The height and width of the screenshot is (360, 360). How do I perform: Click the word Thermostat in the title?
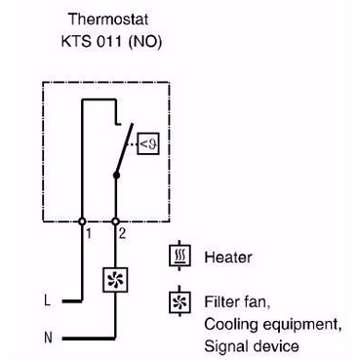(108, 19)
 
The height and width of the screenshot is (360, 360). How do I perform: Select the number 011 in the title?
(109, 41)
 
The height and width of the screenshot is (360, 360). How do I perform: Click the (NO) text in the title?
(145, 42)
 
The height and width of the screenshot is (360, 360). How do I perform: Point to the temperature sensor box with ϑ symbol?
(148, 143)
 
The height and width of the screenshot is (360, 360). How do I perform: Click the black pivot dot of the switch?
(116, 176)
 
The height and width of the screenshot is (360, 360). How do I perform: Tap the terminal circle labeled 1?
(82, 221)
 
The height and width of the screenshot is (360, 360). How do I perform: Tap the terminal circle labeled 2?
(115, 221)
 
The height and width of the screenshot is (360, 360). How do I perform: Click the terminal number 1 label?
(89, 233)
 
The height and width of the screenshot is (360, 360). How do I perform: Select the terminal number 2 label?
(122, 233)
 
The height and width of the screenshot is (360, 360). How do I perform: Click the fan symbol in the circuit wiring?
(115, 280)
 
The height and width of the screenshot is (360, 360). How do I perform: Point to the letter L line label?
(48, 300)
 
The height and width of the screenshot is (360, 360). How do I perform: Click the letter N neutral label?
(48, 338)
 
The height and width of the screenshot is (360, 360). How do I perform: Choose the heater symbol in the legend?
(180, 256)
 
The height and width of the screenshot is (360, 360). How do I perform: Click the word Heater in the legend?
(228, 258)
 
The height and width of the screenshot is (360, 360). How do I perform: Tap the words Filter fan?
(237, 302)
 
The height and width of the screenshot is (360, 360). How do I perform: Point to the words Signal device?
(252, 346)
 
